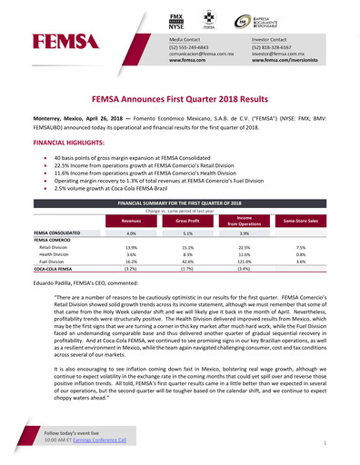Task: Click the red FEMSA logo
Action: tap(61, 41)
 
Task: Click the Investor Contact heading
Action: tap(271, 41)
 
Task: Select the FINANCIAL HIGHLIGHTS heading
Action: tap(69, 143)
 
